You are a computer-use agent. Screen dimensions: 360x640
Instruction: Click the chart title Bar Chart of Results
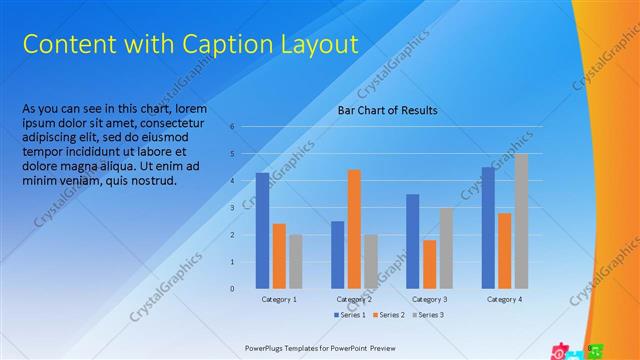[387, 110]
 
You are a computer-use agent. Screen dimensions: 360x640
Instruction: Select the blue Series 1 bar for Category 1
[262, 230]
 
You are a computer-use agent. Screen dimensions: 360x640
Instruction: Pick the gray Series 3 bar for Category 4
[521, 221]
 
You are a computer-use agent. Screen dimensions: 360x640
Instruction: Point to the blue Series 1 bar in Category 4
[488, 227]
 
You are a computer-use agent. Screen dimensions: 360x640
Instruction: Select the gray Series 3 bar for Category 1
[296, 261]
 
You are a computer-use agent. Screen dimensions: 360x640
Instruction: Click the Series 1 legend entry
[349, 315]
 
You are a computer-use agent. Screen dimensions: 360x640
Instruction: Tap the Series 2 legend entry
[388, 315]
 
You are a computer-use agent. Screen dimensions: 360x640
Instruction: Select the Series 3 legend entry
[427, 315]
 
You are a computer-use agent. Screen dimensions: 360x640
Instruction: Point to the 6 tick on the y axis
[231, 127]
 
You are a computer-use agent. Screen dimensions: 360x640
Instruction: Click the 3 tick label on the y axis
[231, 208]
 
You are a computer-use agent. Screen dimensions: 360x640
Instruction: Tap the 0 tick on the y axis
[231, 289]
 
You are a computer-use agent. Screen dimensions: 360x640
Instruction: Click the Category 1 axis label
[279, 299]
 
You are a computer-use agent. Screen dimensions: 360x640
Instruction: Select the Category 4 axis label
[504, 299]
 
